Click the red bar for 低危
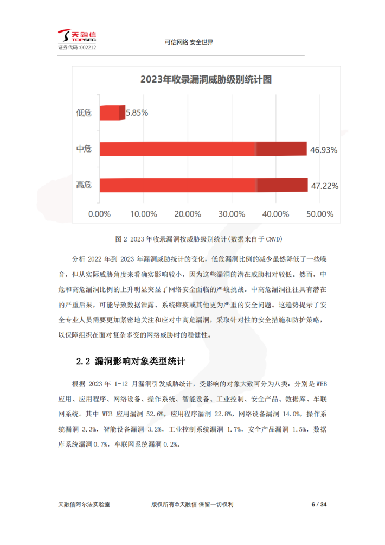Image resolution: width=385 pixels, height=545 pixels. pyautogui.click(x=112, y=112)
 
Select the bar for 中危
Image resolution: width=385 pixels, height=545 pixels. pyautogui.click(x=203, y=149)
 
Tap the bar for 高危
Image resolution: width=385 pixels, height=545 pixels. pyautogui.click(x=203, y=185)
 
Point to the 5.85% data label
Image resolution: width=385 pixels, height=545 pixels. pyautogui.click(x=137, y=113)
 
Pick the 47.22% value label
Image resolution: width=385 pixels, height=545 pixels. pyautogui.click(x=324, y=186)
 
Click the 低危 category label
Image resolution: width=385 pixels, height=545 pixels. pyautogui.click(x=84, y=113)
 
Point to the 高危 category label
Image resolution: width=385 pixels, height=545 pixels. pyautogui.click(x=84, y=185)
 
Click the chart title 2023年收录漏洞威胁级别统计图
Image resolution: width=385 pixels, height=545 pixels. pyautogui.click(x=206, y=80)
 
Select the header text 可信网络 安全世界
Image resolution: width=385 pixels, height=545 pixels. pyautogui.click(x=188, y=42)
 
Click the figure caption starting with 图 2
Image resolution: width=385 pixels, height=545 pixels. pyautogui.click(x=200, y=239)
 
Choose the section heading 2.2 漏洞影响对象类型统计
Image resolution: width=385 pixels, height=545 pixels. pyautogui.click(x=132, y=360)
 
